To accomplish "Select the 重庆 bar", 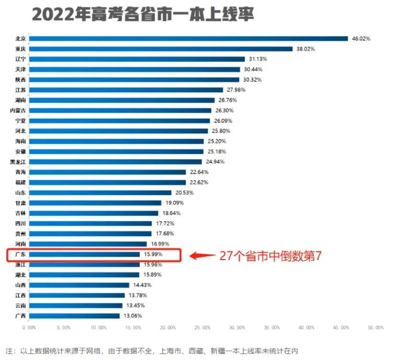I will click(x=160, y=49).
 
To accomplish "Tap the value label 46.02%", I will click(x=361, y=39).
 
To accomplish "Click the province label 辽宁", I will click(x=21, y=59).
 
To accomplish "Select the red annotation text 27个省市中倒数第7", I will click(x=270, y=256).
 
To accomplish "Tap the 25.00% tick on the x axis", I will click(x=202, y=327).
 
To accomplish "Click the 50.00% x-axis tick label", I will click(x=376, y=327).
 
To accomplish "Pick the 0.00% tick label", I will click(x=29, y=327).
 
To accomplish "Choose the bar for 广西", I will click(x=74, y=316).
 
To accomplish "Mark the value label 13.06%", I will click(x=133, y=316).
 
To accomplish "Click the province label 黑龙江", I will click(x=18, y=162).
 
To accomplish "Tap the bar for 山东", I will click(x=100, y=193).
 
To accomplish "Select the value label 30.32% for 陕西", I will click(x=252, y=80).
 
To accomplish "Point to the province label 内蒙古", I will click(x=18, y=110).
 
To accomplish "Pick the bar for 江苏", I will click(x=126, y=90).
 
